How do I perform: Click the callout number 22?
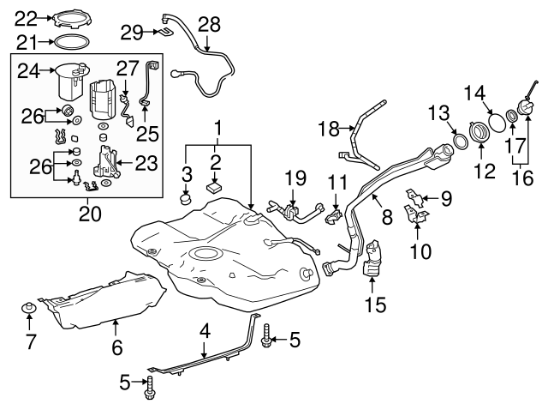pyautogui.click(x=27, y=16)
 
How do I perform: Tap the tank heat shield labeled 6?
pyautogui.click(x=107, y=296)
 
